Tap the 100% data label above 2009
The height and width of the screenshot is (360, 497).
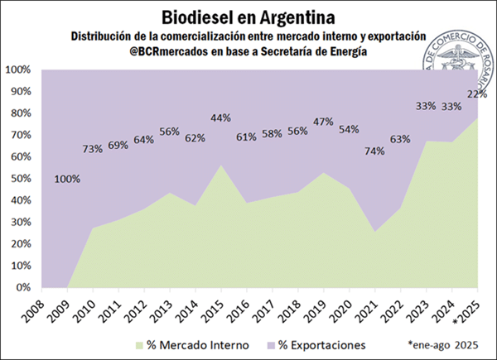pyautogui.click(x=69, y=179)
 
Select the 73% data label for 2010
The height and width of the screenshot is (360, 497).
pyautogui.click(x=92, y=149)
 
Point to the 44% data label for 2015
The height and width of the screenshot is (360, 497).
pyautogui.click(x=220, y=118)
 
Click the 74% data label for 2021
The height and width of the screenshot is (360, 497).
pyautogui.click(x=374, y=151)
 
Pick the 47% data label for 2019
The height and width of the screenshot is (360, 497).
pyautogui.click(x=323, y=122)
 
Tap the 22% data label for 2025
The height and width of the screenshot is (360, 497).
pyautogui.click(x=476, y=94)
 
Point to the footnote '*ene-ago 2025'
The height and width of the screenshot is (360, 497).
pyautogui.click(x=443, y=343)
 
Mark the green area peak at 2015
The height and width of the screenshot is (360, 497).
pyautogui.click(x=220, y=166)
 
